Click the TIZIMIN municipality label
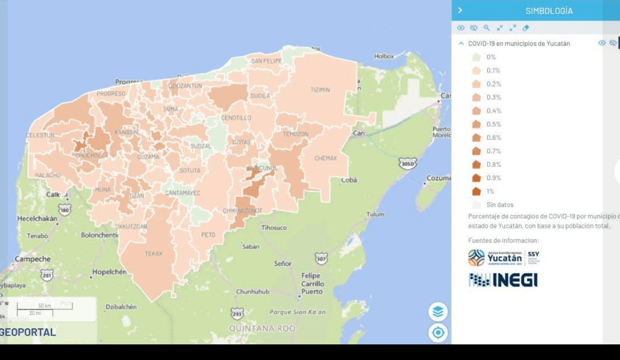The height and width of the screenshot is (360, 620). pos(320,90)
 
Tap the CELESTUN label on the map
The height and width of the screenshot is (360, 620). pos(40,136)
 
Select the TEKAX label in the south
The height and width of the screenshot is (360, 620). pos(154,254)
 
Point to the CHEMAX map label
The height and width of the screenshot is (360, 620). pos(326,158)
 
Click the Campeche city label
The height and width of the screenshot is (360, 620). pos(32,259)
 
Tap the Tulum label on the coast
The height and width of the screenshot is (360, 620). pos(375,214)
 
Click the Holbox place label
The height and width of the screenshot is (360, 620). pos(384,56)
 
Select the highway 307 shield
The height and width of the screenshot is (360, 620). pos(321,259)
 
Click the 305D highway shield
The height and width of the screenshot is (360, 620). pos(408,163)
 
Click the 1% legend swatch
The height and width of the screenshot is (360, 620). pos(476,191)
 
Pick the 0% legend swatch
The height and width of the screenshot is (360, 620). pos(476,57)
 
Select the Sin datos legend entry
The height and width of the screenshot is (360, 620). pos(499,205)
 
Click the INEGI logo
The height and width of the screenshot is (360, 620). pos(503,280)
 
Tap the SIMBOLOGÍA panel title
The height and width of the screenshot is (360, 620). pos(549,11)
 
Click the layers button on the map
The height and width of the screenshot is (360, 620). pos(438,311)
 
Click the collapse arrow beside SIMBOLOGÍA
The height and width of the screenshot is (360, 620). pos(460,10)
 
